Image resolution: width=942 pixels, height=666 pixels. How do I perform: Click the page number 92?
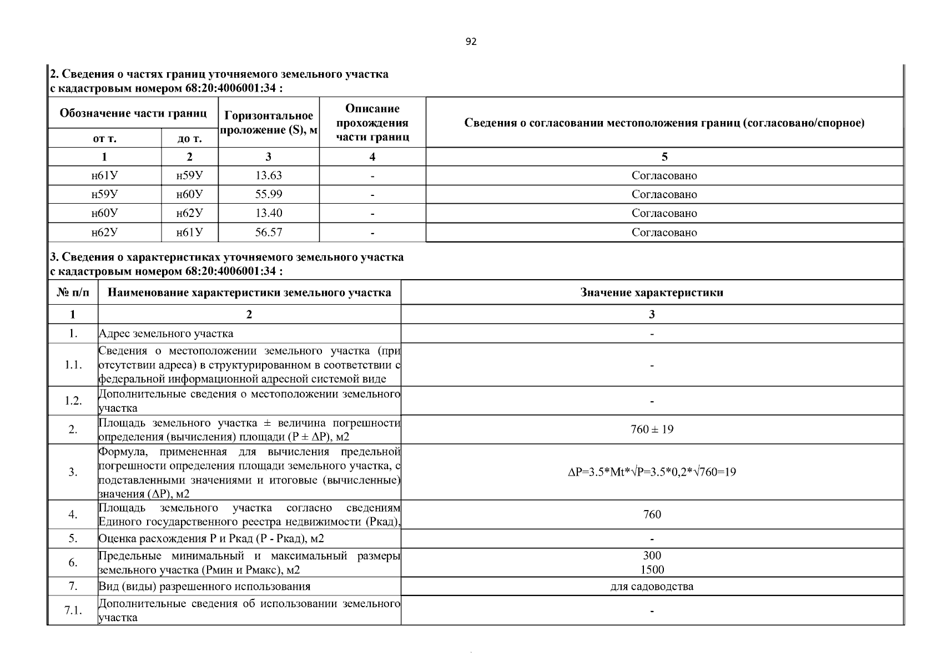[471, 42]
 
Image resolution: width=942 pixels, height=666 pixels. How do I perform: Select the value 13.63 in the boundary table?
[269, 175]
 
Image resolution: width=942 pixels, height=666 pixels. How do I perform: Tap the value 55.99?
[269, 194]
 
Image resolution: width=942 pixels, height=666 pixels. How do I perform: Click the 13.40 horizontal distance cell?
[269, 213]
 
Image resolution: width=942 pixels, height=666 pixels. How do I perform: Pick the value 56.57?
[269, 233]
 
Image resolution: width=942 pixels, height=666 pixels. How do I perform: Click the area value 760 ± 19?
[652, 430]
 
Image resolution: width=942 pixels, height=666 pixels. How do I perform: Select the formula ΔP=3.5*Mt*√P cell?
[652, 472]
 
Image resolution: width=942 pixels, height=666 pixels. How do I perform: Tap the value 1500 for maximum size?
[652, 570]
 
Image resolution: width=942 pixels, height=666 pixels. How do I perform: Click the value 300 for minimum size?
[652, 556]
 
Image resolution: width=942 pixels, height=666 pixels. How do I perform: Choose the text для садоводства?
[652, 587]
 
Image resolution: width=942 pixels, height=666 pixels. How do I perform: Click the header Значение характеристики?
[652, 292]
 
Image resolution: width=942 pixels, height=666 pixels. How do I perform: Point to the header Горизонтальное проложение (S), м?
[269, 123]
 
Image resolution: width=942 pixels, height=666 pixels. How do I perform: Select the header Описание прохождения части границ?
[372, 123]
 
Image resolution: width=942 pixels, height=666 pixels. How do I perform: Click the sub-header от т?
[104, 138]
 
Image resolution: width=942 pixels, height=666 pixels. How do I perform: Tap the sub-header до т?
[189, 138]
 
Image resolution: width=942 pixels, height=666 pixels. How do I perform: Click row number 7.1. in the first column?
[73, 610]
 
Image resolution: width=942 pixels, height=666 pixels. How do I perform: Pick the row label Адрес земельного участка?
[166, 334]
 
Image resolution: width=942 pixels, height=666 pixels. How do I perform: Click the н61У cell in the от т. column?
[104, 175]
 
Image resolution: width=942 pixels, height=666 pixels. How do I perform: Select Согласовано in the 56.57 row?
[664, 233]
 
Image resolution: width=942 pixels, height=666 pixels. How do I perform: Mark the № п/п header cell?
[73, 292]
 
